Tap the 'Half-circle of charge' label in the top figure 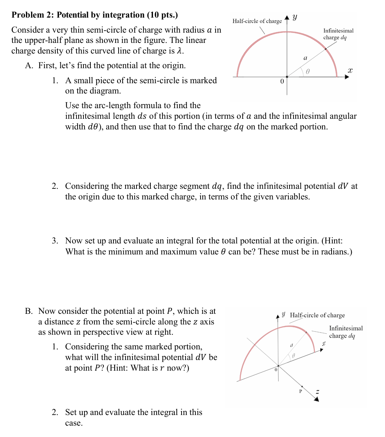257,21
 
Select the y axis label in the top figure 295,17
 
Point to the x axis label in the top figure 350,70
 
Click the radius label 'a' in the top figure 305,58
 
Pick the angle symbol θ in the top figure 308,72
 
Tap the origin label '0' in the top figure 281,81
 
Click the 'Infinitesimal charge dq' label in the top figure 338,34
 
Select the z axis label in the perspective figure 318,392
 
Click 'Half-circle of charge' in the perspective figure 317,315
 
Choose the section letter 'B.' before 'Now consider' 29,311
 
